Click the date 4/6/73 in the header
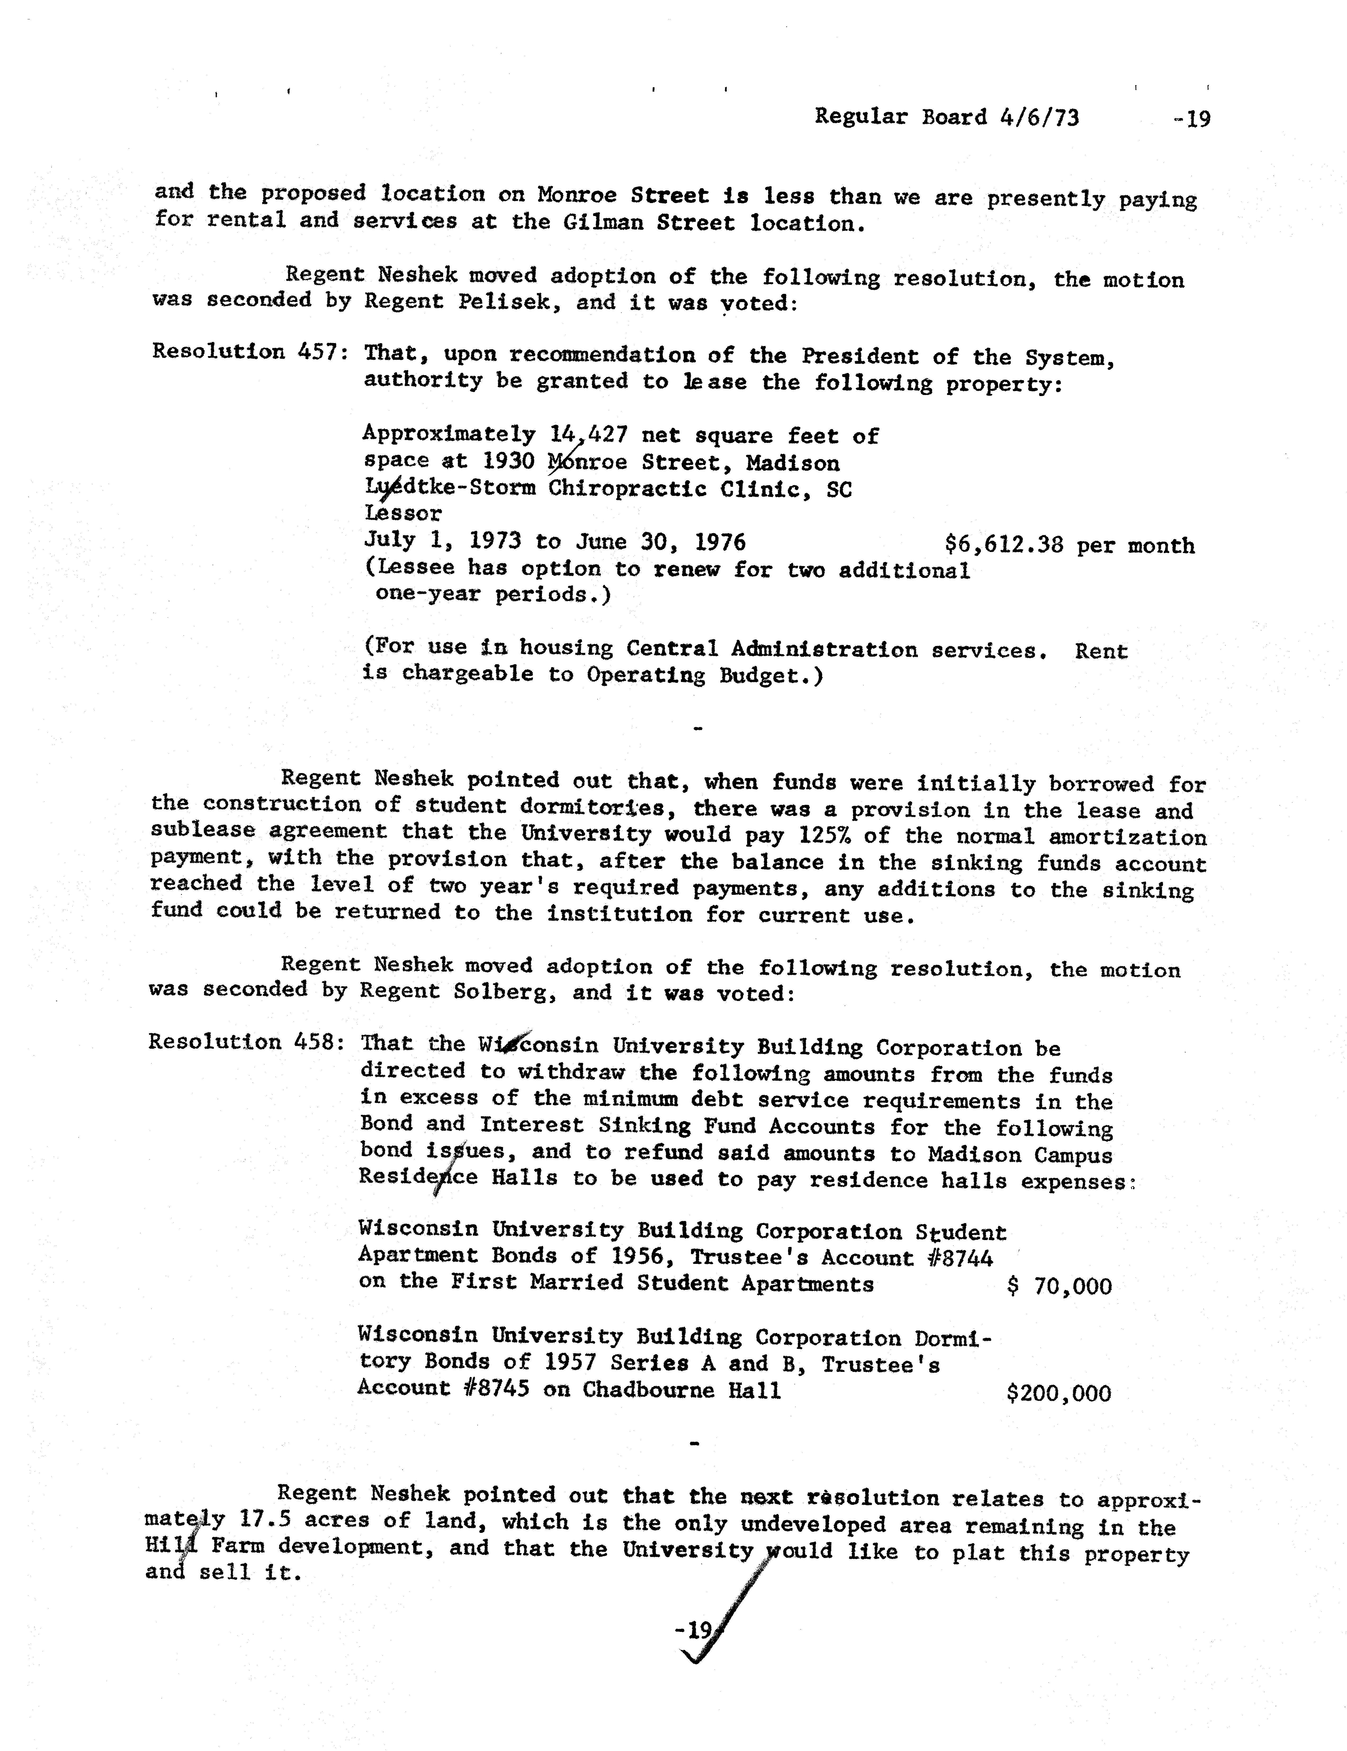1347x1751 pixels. click(x=1039, y=118)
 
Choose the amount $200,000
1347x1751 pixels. click(x=1058, y=1393)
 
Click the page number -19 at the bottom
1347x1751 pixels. click(x=694, y=1630)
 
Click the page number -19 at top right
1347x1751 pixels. click(x=1191, y=119)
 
